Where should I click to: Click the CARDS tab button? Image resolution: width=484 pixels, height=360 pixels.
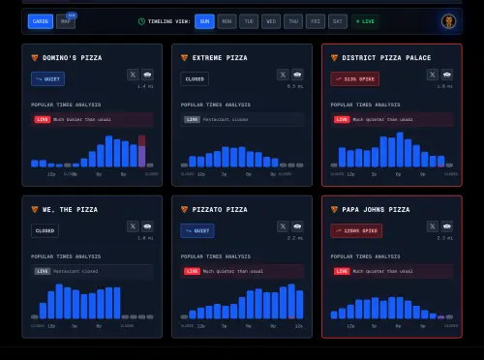(x=41, y=20)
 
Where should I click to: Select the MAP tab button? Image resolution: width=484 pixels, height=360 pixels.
(x=66, y=20)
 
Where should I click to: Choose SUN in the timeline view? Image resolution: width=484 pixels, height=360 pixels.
(x=204, y=20)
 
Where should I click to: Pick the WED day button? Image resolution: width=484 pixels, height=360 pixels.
(x=270, y=20)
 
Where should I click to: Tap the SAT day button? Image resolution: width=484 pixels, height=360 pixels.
(x=337, y=20)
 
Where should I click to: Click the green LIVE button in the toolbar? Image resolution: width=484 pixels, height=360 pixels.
(x=367, y=20)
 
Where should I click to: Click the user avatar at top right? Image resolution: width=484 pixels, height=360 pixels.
(x=448, y=20)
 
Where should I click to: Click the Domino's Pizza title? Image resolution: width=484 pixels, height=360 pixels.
(x=71, y=58)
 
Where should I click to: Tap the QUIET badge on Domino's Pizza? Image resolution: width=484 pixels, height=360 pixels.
(x=47, y=78)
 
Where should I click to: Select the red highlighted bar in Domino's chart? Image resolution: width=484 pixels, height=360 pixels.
(x=141, y=151)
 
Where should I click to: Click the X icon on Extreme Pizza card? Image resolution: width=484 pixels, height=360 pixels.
(x=283, y=74)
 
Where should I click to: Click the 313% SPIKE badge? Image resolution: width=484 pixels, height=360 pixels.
(x=354, y=78)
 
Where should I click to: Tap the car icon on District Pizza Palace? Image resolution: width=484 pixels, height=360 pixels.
(x=446, y=74)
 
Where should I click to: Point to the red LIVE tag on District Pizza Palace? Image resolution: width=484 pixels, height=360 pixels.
(x=341, y=119)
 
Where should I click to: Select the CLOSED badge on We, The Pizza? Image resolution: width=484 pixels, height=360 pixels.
(x=45, y=230)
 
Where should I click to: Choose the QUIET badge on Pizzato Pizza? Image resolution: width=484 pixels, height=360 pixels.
(x=197, y=230)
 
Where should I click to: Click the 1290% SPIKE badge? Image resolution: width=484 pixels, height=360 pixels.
(x=356, y=230)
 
